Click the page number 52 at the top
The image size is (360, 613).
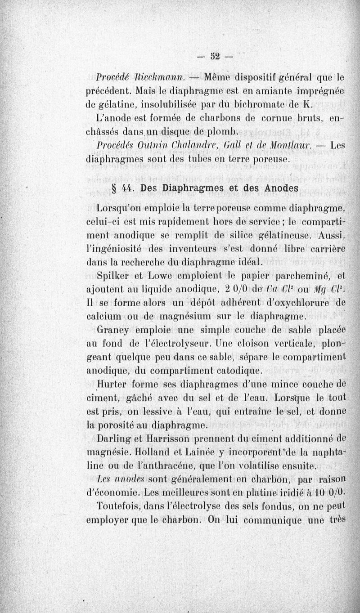click(216, 56)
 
